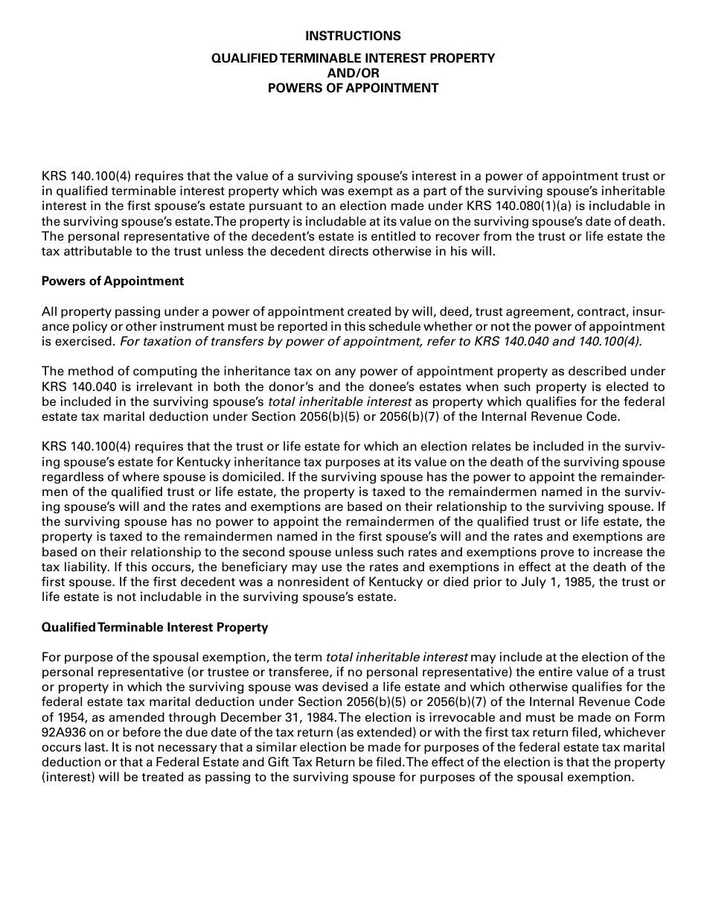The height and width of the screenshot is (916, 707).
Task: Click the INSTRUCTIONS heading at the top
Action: click(x=353, y=36)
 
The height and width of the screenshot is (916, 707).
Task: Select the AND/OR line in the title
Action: click(x=353, y=73)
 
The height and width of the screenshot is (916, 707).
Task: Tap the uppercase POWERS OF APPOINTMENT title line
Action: click(x=353, y=88)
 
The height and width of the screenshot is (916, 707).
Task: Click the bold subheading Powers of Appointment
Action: click(x=112, y=281)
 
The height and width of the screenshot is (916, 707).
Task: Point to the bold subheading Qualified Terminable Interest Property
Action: click(x=155, y=627)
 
